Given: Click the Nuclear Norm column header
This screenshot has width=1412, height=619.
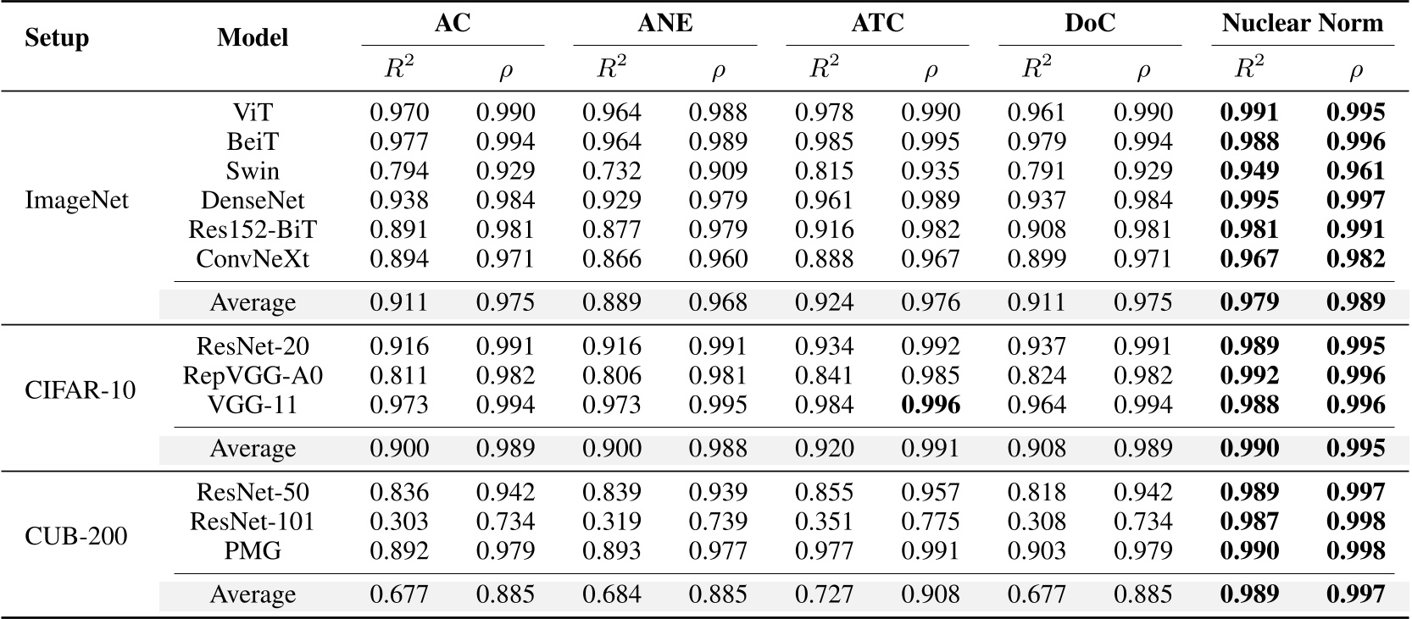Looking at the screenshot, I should point(1302,23).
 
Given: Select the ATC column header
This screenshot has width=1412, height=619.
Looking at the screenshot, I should point(877,23).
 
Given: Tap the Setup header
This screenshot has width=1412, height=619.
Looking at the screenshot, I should point(57,38).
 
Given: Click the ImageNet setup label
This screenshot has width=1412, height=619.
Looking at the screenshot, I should point(77,201).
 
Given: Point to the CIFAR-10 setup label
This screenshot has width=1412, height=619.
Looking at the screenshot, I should point(81,390).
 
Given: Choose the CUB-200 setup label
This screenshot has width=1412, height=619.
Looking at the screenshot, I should point(76,536).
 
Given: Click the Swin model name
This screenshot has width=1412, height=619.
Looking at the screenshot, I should point(253,171).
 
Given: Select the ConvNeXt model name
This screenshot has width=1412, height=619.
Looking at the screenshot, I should point(253,258).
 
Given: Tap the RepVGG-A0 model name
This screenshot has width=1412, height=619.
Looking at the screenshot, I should point(253,375).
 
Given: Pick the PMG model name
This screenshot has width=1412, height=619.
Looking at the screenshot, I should point(253,550).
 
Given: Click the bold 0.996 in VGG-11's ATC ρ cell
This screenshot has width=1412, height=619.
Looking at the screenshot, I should point(931,405).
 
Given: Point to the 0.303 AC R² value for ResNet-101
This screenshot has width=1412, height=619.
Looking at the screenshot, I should point(399,522).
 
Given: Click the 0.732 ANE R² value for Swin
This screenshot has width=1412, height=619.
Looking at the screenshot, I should point(611,171).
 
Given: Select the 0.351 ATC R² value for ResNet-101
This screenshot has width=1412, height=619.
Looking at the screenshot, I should point(824,522).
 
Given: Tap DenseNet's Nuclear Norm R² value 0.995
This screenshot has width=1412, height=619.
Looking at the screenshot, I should point(1249,201).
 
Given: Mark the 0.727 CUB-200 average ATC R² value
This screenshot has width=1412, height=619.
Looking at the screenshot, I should point(824,594).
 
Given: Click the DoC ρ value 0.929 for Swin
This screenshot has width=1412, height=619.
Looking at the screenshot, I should point(1142,171).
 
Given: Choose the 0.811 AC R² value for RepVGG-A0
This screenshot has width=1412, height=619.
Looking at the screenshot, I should point(399,375).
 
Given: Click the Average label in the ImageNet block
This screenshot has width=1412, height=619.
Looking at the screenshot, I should point(253,302).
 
